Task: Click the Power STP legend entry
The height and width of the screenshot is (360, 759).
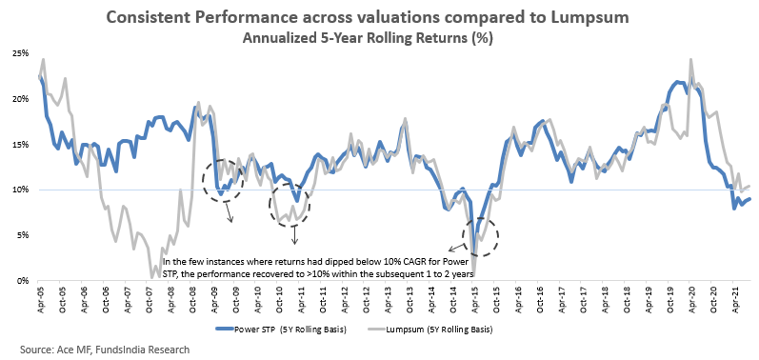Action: [x=281, y=330]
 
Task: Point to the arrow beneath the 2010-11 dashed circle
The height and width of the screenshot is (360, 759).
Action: [x=294, y=234]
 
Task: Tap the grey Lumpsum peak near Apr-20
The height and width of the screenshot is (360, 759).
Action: [x=690, y=60]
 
